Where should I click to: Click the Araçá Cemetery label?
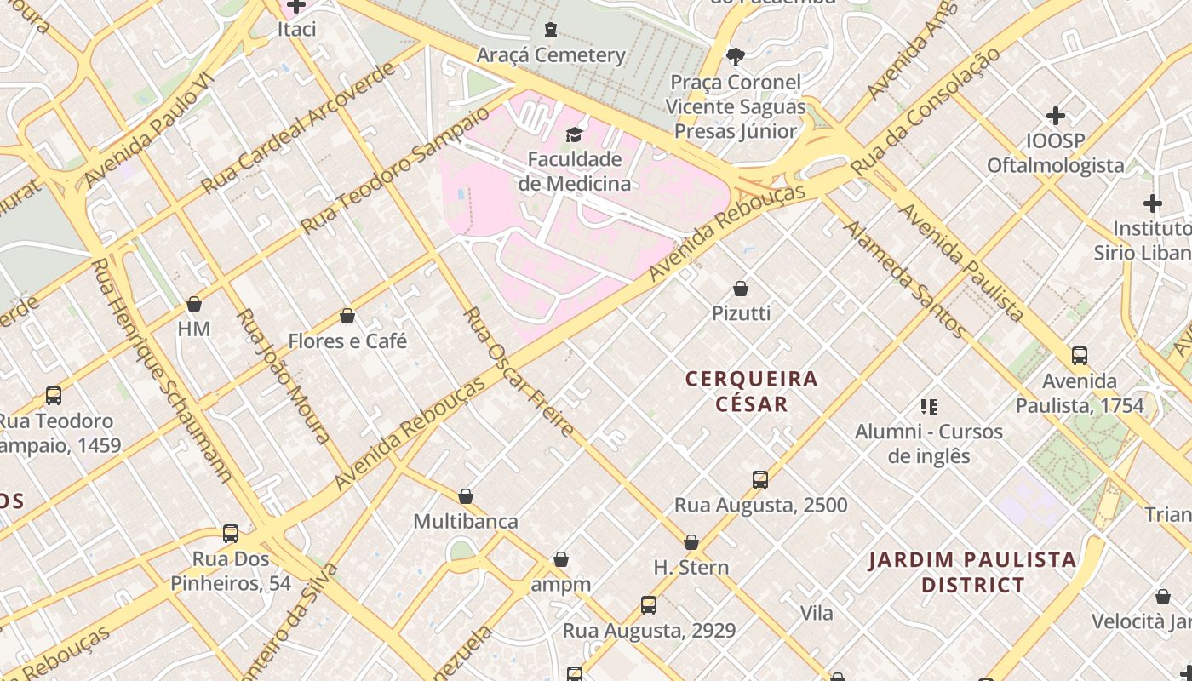(x=551, y=55)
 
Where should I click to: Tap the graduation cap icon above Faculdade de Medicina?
(x=574, y=134)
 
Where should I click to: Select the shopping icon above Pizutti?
(x=741, y=289)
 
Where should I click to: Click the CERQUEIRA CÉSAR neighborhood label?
(x=752, y=391)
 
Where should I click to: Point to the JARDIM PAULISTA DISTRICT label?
(x=972, y=572)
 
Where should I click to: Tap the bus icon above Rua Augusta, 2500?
(x=760, y=480)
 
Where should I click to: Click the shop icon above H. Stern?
(x=691, y=542)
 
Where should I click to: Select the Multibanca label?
(x=466, y=521)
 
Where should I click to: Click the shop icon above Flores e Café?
(x=347, y=317)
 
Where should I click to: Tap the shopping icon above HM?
(x=194, y=304)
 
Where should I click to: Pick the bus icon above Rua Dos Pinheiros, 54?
(x=231, y=534)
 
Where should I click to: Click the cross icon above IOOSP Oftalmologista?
(x=1056, y=116)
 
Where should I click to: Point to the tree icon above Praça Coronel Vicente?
(x=735, y=57)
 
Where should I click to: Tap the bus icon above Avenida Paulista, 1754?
(x=1080, y=356)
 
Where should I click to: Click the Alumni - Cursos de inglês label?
(x=929, y=444)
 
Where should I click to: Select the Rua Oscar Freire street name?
(x=519, y=372)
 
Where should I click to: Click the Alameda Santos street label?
(x=904, y=279)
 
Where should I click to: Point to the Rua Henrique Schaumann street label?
(x=161, y=370)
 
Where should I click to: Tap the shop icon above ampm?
(x=560, y=559)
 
